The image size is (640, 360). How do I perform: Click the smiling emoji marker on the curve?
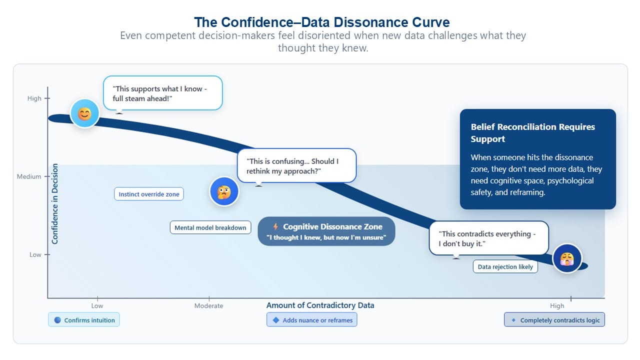[x=84, y=113]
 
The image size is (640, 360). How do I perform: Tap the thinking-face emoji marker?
[x=224, y=191]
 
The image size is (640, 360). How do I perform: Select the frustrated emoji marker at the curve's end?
[x=567, y=258]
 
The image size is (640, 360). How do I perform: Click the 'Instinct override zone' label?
[x=149, y=194]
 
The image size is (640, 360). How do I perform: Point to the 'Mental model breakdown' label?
[x=210, y=227]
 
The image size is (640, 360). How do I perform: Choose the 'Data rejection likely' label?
[x=505, y=267]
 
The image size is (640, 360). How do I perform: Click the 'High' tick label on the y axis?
[x=34, y=98]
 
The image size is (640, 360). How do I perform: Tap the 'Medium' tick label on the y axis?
[x=29, y=176]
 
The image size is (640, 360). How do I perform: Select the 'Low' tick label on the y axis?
[x=35, y=254]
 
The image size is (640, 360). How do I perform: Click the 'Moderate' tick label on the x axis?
[x=208, y=305]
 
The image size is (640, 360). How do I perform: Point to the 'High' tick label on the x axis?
[x=557, y=305]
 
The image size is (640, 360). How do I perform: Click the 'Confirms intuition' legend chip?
[x=84, y=319]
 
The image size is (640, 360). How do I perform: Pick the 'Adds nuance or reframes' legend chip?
[x=311, y=319]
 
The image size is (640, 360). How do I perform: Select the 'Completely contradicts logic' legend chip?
[x=554, y=319]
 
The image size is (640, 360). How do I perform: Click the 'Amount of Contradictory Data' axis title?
[x=320, y=305]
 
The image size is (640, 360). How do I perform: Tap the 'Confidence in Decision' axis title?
[x=55, y=203]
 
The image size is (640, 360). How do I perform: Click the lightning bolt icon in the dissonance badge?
[x=275, y=226]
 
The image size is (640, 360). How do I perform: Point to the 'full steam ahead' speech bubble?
[x=163, y=93]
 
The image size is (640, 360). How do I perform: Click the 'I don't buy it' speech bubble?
[x=489, y=238]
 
